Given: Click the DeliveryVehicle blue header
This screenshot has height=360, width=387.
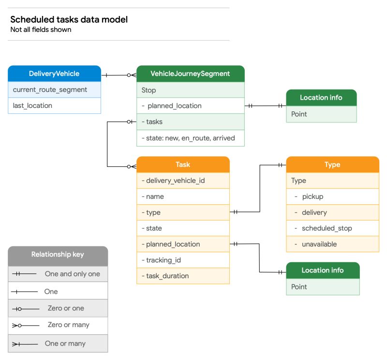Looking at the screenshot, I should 54,74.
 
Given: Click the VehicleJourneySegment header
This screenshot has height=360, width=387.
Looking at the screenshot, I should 190,74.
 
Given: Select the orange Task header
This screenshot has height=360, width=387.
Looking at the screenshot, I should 183,165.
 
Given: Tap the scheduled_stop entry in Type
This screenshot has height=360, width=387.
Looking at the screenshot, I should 327,228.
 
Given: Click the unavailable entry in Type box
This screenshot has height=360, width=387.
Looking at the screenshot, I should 319,244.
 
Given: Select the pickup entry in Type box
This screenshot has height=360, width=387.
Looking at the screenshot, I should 313,196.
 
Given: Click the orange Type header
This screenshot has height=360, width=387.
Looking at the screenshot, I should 332,165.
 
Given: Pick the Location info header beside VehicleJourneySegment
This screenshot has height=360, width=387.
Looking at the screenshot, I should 321,97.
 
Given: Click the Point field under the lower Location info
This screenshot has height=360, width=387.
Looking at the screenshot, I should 299,286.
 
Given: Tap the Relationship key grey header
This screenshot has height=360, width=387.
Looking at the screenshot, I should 58,255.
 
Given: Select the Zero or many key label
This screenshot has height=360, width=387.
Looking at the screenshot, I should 68,325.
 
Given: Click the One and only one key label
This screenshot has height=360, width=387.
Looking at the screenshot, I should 72,274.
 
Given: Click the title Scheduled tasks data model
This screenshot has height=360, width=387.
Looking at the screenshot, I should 69,20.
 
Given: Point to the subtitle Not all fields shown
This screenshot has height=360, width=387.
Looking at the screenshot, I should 41,30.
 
